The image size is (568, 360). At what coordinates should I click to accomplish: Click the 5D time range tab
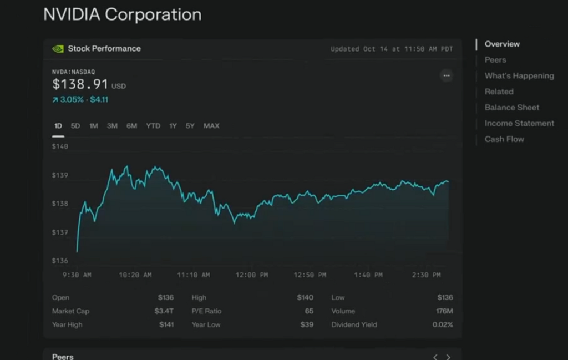75,126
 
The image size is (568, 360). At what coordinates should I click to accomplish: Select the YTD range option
153,126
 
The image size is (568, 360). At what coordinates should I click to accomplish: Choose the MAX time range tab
211,126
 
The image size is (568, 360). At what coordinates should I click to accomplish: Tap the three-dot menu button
447,75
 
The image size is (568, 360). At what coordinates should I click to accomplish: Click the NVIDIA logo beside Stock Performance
58,49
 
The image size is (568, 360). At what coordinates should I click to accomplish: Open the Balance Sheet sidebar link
511,108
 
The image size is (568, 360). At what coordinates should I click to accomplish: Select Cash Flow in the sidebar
504,139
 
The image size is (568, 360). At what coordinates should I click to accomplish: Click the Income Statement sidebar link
519,123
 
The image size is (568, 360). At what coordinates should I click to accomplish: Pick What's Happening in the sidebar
519,76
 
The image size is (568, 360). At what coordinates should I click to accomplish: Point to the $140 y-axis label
60,147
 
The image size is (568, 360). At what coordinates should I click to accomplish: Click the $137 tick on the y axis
60,232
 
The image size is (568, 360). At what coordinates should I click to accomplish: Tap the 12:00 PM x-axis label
252,275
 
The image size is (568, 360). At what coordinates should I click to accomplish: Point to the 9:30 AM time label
77,275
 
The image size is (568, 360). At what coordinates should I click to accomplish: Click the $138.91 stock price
80,84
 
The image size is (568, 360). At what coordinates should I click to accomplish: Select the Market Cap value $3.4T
164,311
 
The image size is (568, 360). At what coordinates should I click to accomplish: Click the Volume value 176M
444,311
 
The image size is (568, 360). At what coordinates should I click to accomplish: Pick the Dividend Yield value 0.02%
443,324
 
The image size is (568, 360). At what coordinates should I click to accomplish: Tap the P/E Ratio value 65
309,311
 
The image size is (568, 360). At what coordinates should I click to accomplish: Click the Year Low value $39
307,324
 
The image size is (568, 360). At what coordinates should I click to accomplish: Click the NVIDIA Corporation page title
122,15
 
